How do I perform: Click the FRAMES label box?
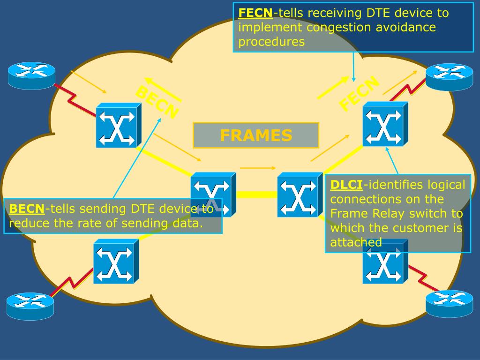click(x=256, y=135)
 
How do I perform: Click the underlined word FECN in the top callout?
click(x=255, y=13)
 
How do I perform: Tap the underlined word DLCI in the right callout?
click(x=346, y=185)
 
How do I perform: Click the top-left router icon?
click(x=31, y=75)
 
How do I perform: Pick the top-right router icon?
click(x=449, y=76)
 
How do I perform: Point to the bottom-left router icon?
click(x=30, y=306)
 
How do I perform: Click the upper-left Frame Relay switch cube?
click(x=118, y=126)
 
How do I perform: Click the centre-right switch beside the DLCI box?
click(x=299, y=195)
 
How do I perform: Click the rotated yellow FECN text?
click(x=359, y=94)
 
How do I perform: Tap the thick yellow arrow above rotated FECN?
click(x=332, y=88)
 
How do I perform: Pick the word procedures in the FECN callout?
click(x=271, y=42)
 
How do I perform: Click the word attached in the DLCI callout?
click(x=356, y=242)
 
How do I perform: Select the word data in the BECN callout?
click(x=187, y=223)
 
